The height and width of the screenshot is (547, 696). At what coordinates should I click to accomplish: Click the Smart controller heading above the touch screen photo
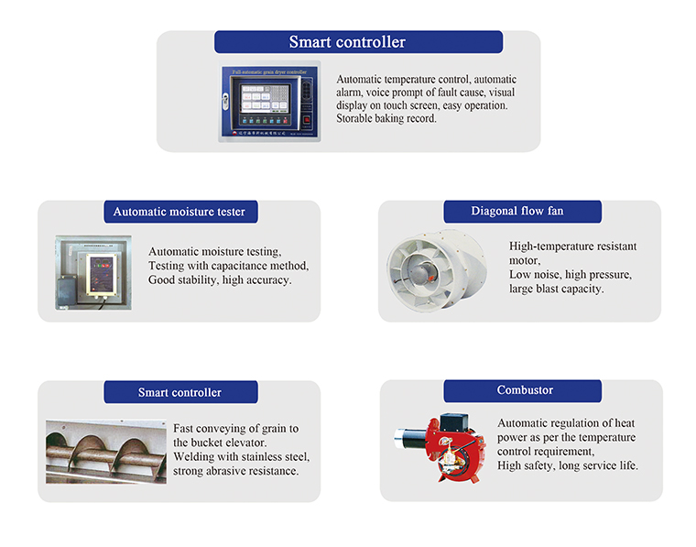pos(347,42)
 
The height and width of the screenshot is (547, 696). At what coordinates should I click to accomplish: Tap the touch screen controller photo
pos(270,102)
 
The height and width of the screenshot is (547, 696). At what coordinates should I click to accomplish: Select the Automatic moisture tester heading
pos(179,212)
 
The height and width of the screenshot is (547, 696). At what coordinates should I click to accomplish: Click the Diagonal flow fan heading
pos(517,212)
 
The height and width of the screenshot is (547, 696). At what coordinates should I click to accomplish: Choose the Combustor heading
pos(525,390)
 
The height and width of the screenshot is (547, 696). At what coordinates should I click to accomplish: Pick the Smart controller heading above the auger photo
pos(179,392)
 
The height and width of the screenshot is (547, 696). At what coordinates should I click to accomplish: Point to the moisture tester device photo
pos(92,270)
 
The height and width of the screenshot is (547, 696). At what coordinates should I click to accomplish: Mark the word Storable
pos(358,118)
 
